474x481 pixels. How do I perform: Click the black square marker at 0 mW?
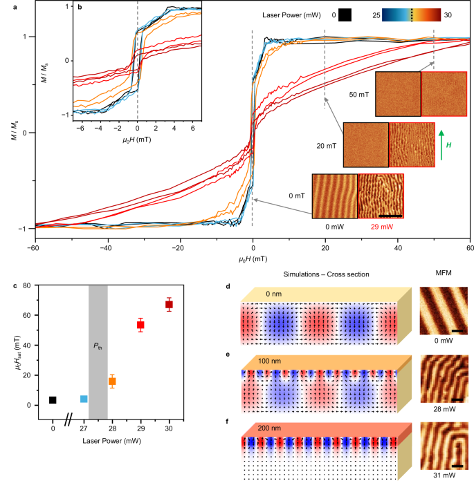point(53,400)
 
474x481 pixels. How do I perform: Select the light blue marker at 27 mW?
point(84,399)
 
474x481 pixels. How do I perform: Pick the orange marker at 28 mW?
point(112,381)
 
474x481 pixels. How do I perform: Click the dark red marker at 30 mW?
point(168,305)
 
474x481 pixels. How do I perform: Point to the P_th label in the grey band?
point(98,345)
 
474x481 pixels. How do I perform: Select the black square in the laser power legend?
point(344,15)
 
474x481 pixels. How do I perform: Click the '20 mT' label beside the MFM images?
point(325,145)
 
